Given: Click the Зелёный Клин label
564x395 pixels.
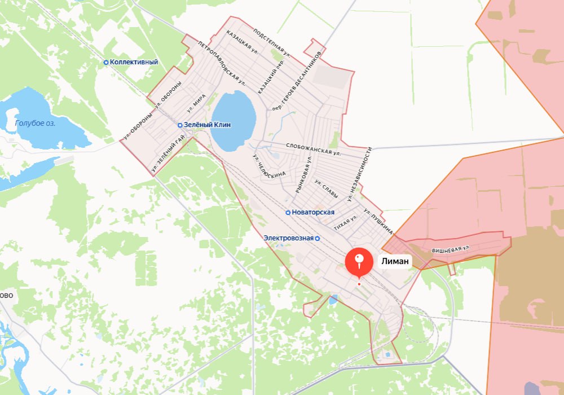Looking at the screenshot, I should pyautogui.click(x=207, y=125).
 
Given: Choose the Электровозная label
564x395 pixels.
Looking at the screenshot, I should pyautogui.click(x=288, y=238).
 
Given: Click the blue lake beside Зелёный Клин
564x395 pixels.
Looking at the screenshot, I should pyautogui.click(x=233, y=120).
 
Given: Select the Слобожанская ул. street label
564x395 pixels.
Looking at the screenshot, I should pyautogui.click(x=314, y=149).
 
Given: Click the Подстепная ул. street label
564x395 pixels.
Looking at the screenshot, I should pyautogui.click(x=272, y=42).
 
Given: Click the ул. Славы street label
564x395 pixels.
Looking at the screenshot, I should pyautogui.click(x=327, y=189).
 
